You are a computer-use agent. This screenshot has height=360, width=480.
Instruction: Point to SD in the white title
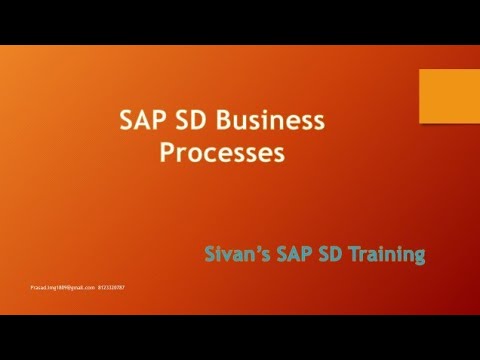point(188,122)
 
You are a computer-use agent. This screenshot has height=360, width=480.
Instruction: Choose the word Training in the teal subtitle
point(384,256)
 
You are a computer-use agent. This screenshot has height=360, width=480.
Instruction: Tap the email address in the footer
point(62,287)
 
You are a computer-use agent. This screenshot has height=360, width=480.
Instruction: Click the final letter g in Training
point(419,258)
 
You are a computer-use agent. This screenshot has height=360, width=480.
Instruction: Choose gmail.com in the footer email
point(83,287)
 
